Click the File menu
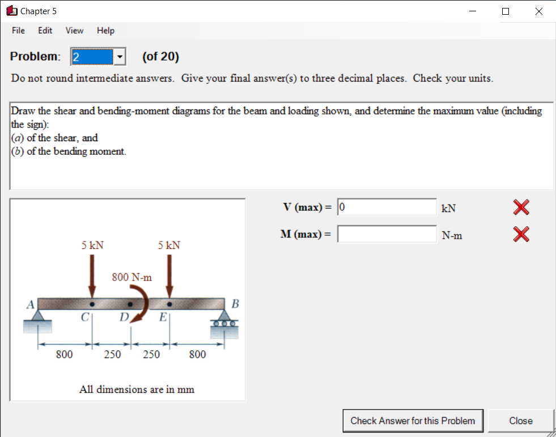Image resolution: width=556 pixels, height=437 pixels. tap(18, 31)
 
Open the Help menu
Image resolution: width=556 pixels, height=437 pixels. tap(105, 31)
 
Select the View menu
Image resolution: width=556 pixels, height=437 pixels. tap(74, 31)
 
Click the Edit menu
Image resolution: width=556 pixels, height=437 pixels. tap(45, 31)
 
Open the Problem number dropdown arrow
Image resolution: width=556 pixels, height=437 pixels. tap(120, 57)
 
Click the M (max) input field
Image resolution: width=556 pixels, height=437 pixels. tap(387, 234)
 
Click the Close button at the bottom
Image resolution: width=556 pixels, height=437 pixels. tap(520, 421)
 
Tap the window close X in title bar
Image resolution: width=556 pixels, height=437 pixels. tap(538, 11)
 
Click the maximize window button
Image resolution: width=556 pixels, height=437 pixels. tap(506, 11)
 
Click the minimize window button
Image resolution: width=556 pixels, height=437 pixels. tap(472, 11)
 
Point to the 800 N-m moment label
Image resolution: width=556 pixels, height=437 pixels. tap(132, 277)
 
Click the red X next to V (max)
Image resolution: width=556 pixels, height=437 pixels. tap(521, 208)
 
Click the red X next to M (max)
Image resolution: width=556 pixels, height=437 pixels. tap(521, 234)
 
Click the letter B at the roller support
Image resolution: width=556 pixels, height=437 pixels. tap(236, 304)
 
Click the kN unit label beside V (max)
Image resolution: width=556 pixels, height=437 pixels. tap(448, 209)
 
